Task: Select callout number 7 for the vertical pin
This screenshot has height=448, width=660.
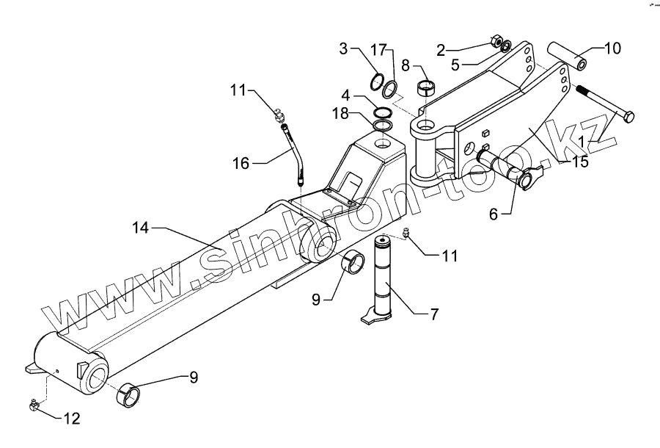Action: (x=434, y=314)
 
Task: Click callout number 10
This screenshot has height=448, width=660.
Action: (x=612, y=48)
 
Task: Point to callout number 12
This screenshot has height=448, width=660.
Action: (x=72, y=419)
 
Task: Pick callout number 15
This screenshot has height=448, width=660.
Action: (x=580, y=162)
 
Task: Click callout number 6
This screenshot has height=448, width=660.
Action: (x=493, y=214)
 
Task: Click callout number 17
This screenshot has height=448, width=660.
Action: (x=378, y=49)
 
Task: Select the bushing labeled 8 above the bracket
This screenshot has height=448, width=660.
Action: (x=428, y=89)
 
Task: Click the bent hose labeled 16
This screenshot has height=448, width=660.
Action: (x=294, y=154)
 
